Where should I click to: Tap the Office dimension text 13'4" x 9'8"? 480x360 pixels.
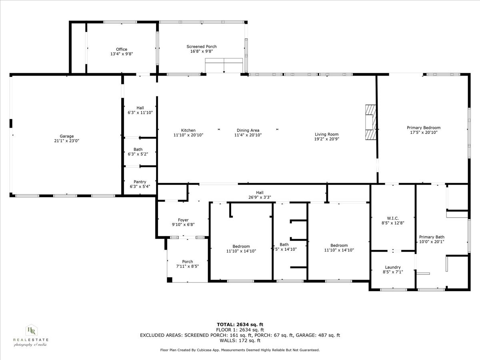tap(122, 54)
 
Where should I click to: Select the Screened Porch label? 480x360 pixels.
tap(201, 46)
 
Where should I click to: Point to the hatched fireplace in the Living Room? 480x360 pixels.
tap(371, 122)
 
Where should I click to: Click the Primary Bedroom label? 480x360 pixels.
tap(423, 128)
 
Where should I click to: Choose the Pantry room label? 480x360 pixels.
tap(140, 182)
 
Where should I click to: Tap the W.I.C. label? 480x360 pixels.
tap(392, 218)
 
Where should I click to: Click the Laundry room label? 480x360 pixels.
tap(392, 267)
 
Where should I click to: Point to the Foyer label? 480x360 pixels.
tap(183, 220)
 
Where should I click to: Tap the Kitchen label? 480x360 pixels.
tap(188, 130)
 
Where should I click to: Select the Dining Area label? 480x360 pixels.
tap(248, 130)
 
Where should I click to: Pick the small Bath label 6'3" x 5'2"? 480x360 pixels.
tap(138, 154)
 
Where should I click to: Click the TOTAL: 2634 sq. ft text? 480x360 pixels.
tap(240, 324)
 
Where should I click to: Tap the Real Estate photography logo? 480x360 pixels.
tap(31, 335)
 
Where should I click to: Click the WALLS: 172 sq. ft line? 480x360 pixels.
tap(240, 341)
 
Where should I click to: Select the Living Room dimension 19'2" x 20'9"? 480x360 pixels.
tap(326, 139)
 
